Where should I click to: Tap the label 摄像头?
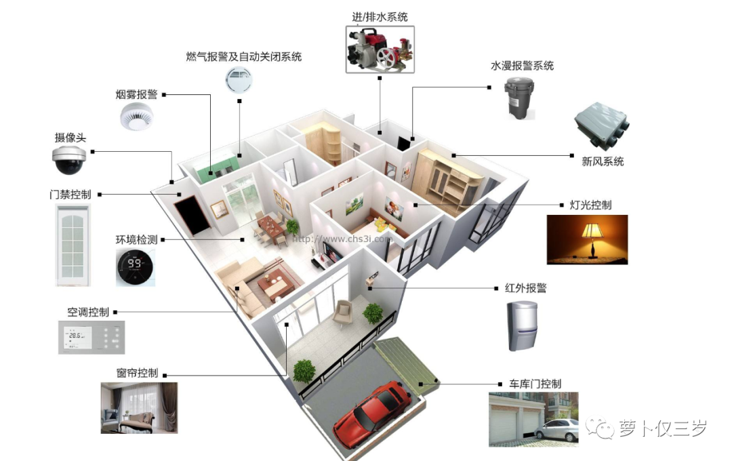70,138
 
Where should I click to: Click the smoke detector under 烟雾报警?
138,117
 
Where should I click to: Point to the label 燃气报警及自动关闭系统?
243,57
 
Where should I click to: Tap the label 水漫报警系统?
522,66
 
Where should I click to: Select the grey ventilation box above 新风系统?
601,127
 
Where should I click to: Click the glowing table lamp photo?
587,239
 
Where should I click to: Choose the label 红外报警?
525,287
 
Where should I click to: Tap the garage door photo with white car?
533,418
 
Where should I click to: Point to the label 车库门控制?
535,384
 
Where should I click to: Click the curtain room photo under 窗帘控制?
139,407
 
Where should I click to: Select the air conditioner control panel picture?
91,337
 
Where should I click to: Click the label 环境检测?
136,239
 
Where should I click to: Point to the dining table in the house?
271,226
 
